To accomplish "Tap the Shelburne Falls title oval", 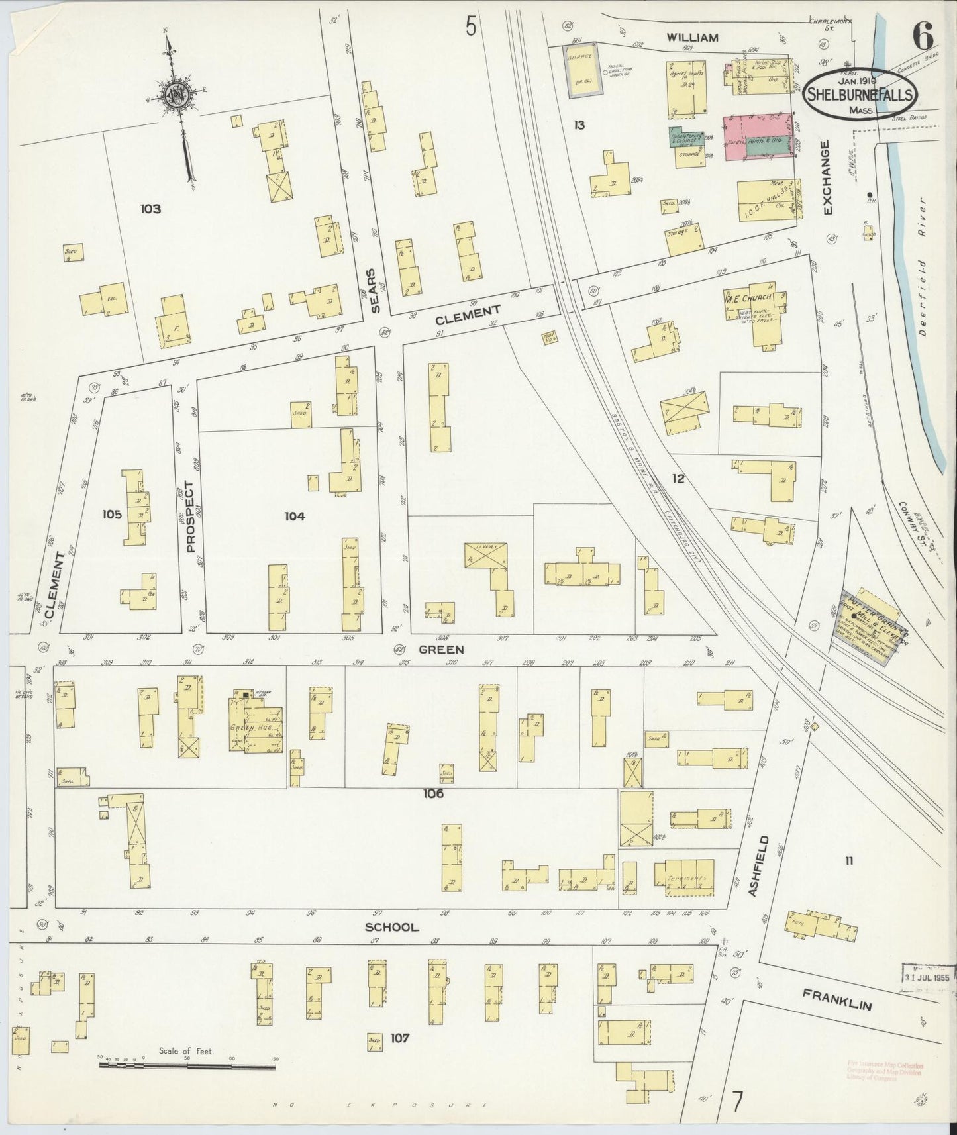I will (862, 95).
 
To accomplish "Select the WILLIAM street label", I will (692, 38).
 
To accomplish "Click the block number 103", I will (151, 209).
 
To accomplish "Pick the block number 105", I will (113, 514).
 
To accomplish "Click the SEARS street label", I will (376, 290).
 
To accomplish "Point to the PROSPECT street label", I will (191, 517).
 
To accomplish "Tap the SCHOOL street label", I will (392, 927).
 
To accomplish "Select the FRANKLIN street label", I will (837, 999).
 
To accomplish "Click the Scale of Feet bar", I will (187, 1065).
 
